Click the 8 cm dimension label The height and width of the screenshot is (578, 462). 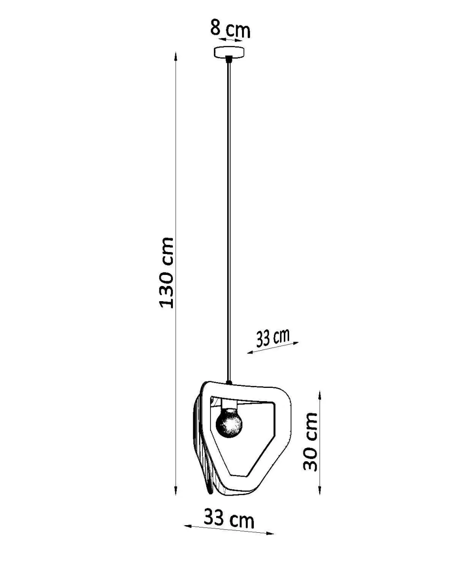[230, 29]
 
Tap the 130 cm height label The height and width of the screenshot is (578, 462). [167, 273]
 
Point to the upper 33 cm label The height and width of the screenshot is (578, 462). [273, 338]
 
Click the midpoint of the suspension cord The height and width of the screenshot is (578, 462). [229, 222]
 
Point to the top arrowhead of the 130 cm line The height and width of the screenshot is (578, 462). [176, 56]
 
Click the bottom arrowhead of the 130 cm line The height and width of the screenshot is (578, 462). [176, 490]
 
